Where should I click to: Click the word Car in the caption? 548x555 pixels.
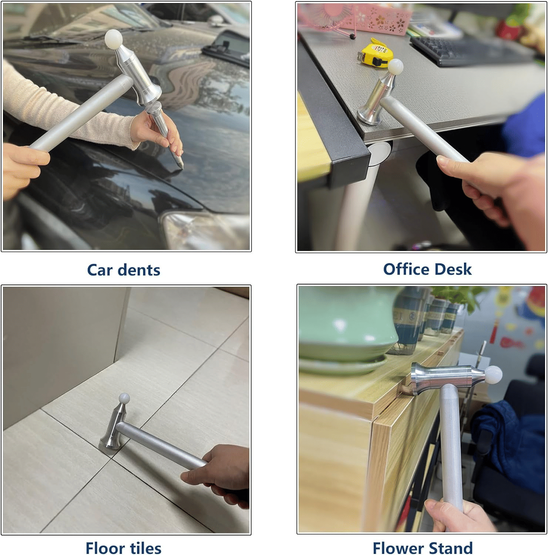click(100, 270)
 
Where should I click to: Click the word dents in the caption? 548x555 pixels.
click(139, 270)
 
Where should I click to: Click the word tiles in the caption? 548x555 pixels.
click(145, 548)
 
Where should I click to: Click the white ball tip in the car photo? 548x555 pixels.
click(113, 38)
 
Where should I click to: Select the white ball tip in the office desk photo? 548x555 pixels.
click(395, 67)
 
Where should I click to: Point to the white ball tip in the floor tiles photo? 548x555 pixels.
click(124, 398)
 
